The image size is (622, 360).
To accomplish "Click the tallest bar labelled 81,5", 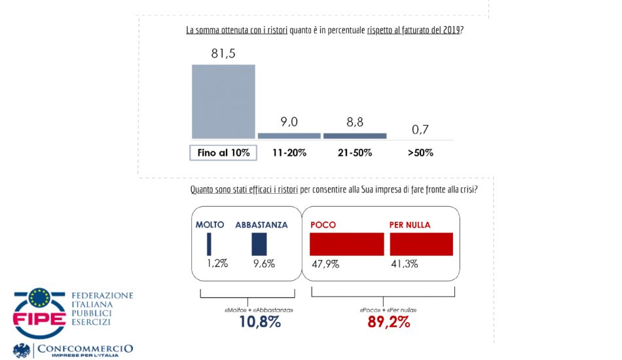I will tap(223, 101).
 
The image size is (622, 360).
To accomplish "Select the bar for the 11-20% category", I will tap(289, 135).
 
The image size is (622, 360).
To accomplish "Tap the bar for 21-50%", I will tap(355, 135).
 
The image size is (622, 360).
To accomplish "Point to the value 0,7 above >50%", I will tap(420, 130).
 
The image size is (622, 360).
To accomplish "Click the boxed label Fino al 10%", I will tap(223, 153).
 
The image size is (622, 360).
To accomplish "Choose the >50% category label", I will tap(420, 153).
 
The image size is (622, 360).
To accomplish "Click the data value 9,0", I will tap(289, 121).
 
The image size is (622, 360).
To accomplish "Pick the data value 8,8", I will tap(354, 121).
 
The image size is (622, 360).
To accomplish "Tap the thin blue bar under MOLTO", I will tap(209, 244).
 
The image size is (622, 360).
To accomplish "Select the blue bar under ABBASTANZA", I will tap(259, 244).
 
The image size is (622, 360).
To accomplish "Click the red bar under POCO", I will tap(346, 244).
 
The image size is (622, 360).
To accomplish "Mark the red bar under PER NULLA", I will tap(422, 244).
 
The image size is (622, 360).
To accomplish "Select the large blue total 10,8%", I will tap(259, 322).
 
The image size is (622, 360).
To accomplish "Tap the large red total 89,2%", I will tap(388, 322).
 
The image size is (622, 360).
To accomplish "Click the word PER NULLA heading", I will tap(410, 225).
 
